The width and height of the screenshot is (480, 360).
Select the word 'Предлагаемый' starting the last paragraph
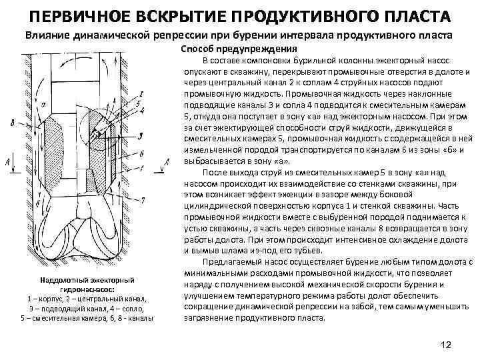235,260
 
